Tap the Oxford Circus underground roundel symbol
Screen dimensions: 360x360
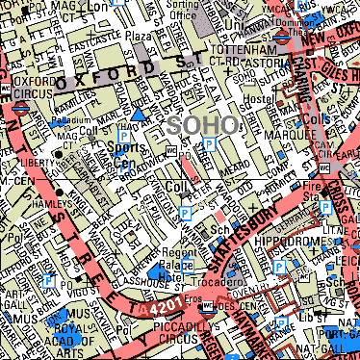click(x=19, y=108)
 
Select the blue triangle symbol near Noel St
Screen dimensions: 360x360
click(x=141, y=115)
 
